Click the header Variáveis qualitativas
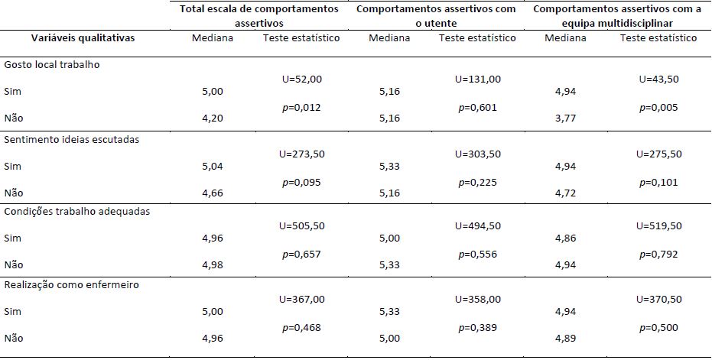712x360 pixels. [x=72, y=37]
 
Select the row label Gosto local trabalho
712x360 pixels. [x=52, y=65]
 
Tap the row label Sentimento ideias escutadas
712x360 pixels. [x=72, y=139]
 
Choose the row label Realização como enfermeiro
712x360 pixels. [x=71, y=285]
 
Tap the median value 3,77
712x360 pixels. [x=565, y=118]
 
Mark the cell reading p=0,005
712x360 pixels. [x=658, y=108]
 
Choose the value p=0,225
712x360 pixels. [x=478, y=182]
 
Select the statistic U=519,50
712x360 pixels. [x=658, y=226]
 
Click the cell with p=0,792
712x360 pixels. [x=658, y=255]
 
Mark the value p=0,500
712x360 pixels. [x=658, y=328]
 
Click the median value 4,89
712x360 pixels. [x=565, y=337]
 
